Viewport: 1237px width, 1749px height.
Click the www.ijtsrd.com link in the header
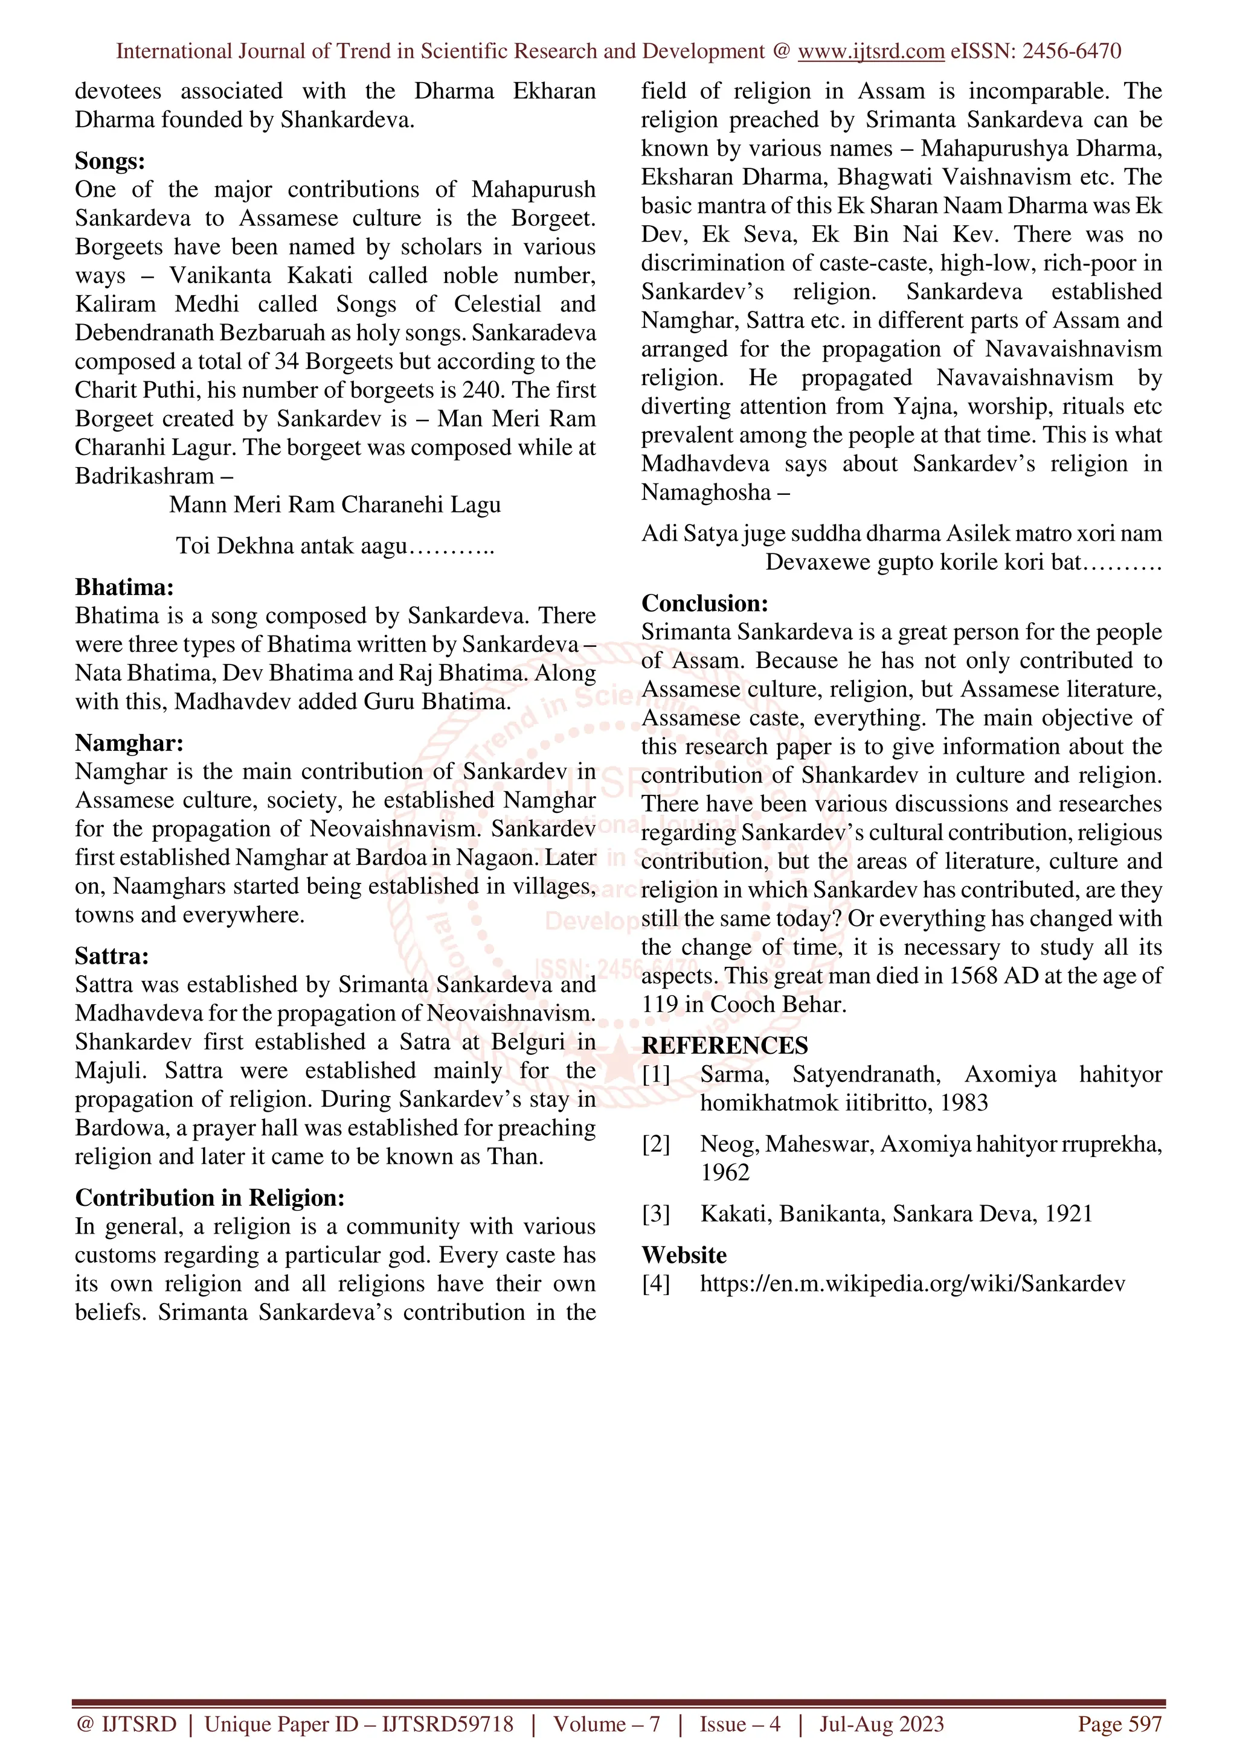point(870,51)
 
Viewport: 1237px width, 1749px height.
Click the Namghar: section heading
point(129,743)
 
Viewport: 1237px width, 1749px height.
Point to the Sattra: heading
point(112,956)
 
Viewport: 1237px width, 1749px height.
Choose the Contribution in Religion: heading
point(210,1197)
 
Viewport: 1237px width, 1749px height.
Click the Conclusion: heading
point(704,604)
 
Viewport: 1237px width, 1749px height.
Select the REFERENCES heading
point(724,1046)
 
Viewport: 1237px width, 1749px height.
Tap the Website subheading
point(684,1255)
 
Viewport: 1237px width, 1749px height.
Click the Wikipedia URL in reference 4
point(911,1284)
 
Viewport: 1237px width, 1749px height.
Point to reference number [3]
point(655,1214)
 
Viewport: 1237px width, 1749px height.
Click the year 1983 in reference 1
point(963,1103)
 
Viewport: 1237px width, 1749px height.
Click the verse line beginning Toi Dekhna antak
point(335,546)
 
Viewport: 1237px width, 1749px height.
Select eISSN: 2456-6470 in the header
point(1035,51)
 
